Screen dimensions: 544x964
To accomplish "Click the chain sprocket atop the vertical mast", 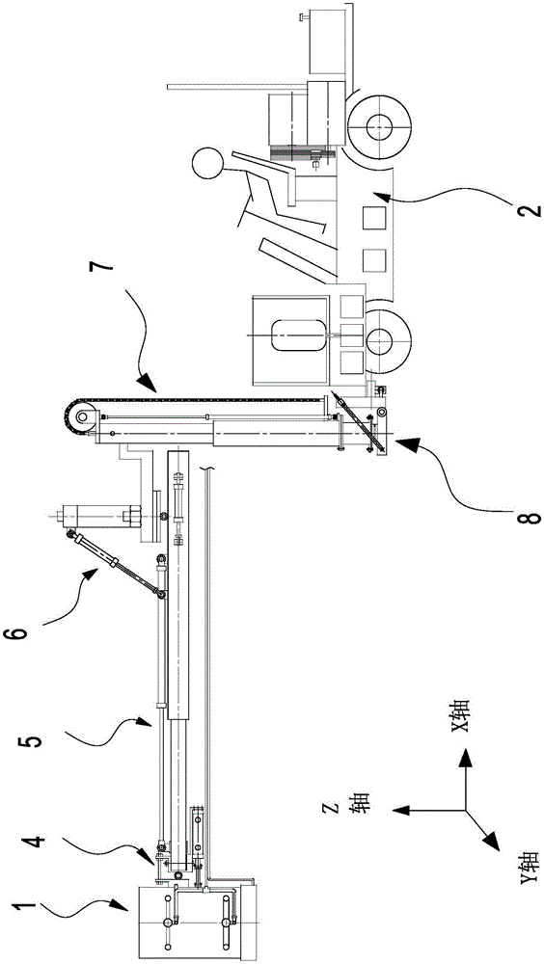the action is coord(82,416).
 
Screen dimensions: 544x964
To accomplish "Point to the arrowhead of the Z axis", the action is coord(402,811).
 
